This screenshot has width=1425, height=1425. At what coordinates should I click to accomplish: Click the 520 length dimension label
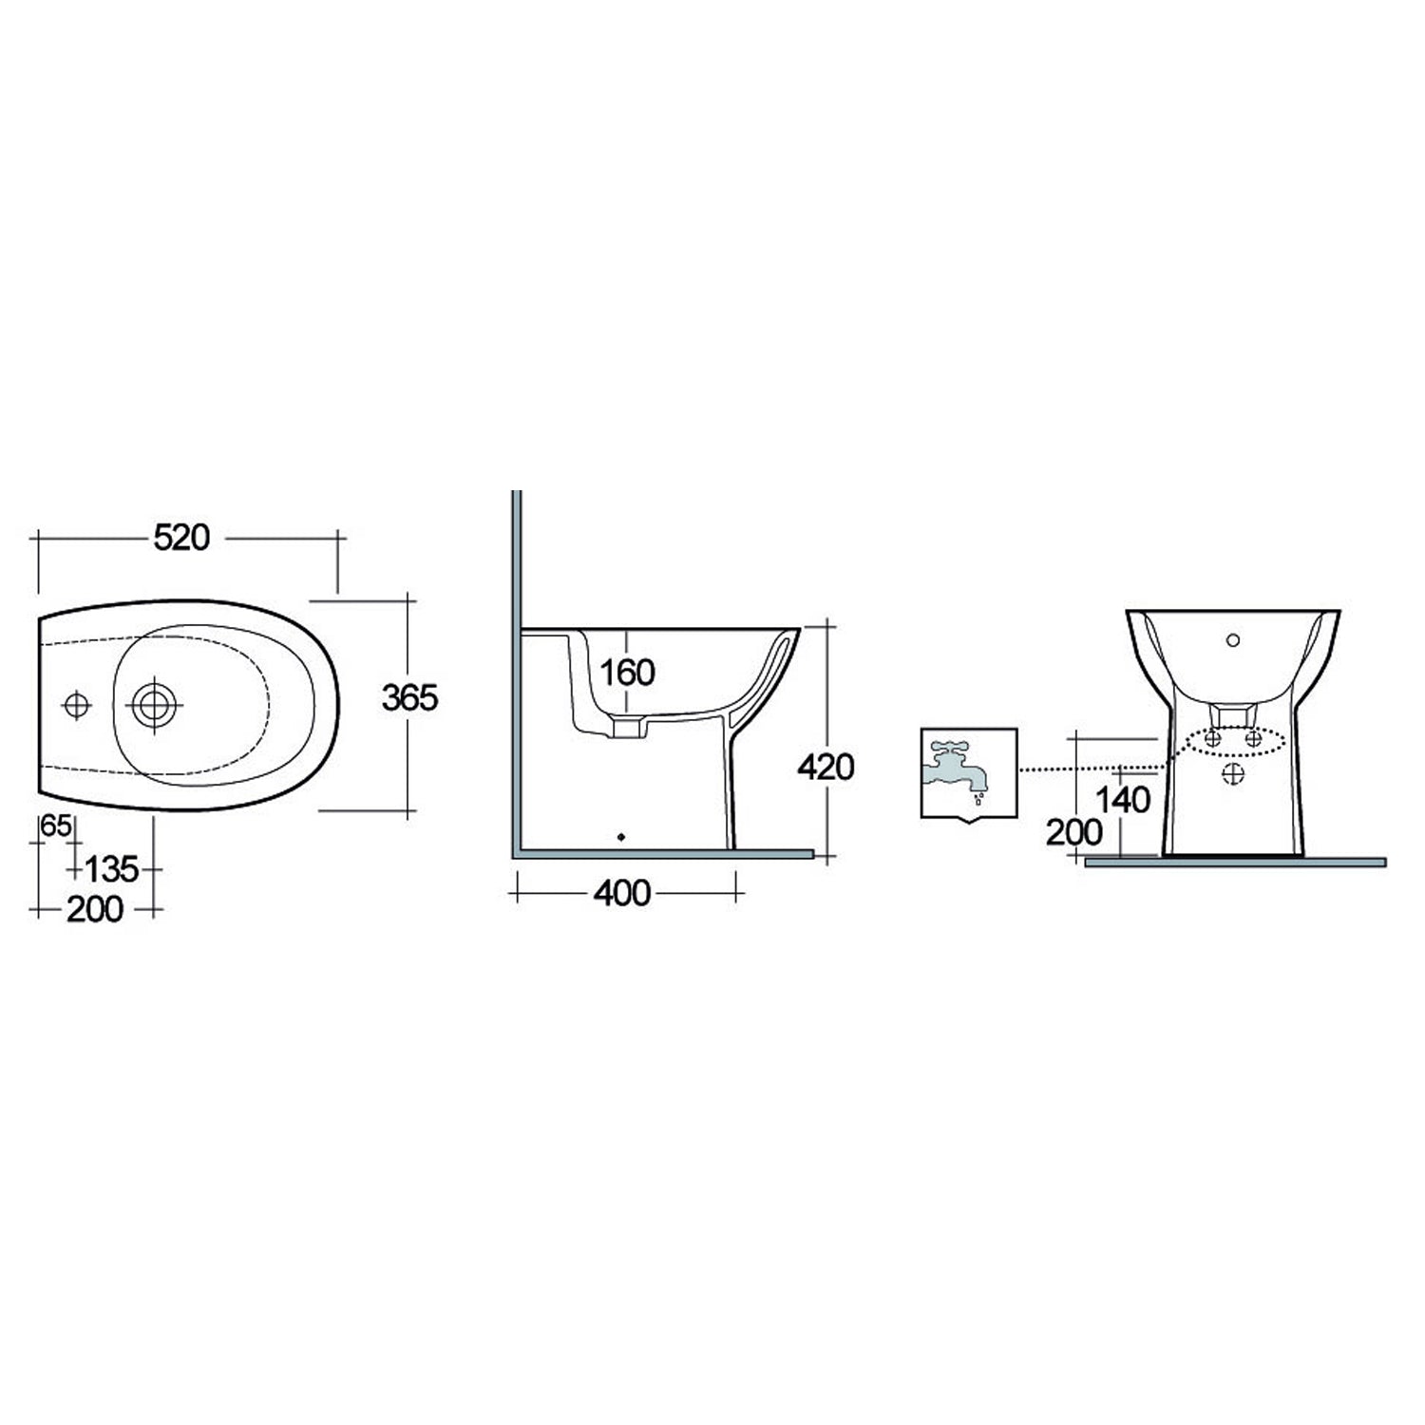181,538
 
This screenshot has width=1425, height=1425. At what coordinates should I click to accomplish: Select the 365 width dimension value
409,698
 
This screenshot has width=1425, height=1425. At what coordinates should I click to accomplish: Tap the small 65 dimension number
56,827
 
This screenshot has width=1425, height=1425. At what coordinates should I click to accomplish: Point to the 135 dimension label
112,868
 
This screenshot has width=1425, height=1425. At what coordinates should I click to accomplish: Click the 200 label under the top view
95,910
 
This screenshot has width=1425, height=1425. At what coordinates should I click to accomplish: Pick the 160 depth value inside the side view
627,673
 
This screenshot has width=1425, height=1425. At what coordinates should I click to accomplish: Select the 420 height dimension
826,767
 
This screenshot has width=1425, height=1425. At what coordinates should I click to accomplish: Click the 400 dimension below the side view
622,893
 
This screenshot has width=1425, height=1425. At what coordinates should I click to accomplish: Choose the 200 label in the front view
1074,833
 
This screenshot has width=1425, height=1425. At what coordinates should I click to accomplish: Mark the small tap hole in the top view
76,705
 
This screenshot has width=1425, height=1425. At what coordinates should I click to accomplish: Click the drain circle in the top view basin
154,705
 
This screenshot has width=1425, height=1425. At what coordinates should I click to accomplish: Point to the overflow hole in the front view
1233,639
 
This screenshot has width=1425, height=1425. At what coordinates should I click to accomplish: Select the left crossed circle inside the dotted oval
1211,738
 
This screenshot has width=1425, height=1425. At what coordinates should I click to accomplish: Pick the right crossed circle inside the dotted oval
1254,738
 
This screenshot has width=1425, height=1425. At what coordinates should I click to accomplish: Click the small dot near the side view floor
621,837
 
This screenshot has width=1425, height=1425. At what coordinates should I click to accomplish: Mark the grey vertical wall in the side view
517,665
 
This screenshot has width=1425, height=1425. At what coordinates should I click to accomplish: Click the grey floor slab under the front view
1235,863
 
